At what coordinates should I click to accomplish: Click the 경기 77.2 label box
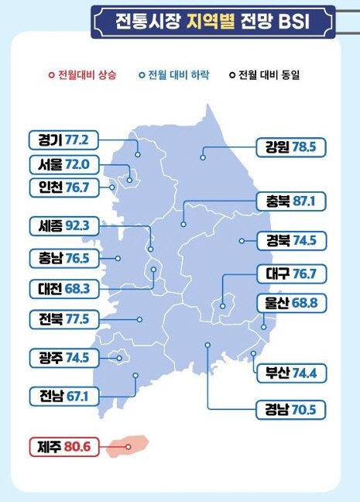[x=64, y=140]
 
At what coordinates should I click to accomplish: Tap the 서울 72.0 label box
[x=64, y=164]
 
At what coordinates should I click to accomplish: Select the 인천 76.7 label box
[x=64, y=187]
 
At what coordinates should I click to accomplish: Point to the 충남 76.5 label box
[x=64, y=258]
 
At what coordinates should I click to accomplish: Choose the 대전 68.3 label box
[x=64, y=288]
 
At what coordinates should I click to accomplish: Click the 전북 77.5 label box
[x=64, y=318]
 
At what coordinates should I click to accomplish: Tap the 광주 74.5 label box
[x=64, y=357]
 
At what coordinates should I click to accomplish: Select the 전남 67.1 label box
[x=64, y=395]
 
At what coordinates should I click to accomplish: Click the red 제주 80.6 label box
[x=64, y=446]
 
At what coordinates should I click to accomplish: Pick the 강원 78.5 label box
[x=291, y=146]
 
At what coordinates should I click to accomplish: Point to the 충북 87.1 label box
[x=291, y=202]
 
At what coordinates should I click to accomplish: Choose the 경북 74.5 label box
[x=291, y=240]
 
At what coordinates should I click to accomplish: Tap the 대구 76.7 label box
[x=291, y=273]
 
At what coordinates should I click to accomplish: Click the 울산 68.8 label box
[x=291, y=304]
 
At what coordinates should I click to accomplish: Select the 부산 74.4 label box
[x=291, y=373]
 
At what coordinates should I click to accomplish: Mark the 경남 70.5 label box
[x=291, y=409]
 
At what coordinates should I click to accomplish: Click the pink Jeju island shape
[x=126, y=445]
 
